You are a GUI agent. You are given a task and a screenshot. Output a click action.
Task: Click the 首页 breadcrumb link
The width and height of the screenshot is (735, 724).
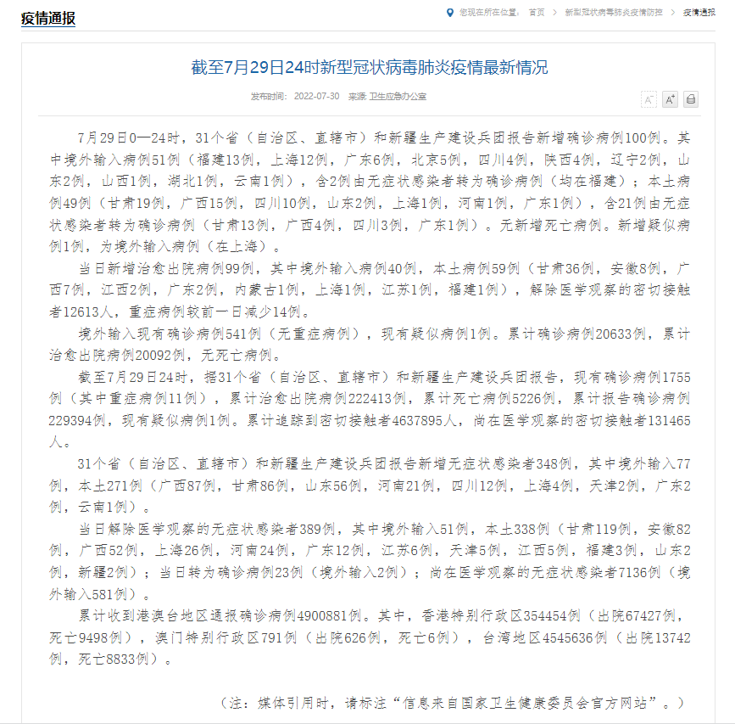pos(536,13)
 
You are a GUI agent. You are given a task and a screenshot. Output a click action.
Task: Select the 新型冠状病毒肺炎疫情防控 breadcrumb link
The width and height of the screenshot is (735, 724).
pos(610,13)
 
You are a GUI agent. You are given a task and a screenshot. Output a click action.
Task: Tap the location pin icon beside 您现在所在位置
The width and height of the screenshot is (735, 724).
pos(449,13)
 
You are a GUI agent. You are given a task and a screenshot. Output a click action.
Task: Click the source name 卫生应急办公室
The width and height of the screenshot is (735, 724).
pos(398,98)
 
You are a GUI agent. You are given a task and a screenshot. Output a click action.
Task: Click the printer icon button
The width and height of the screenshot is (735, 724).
pos(691,99)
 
